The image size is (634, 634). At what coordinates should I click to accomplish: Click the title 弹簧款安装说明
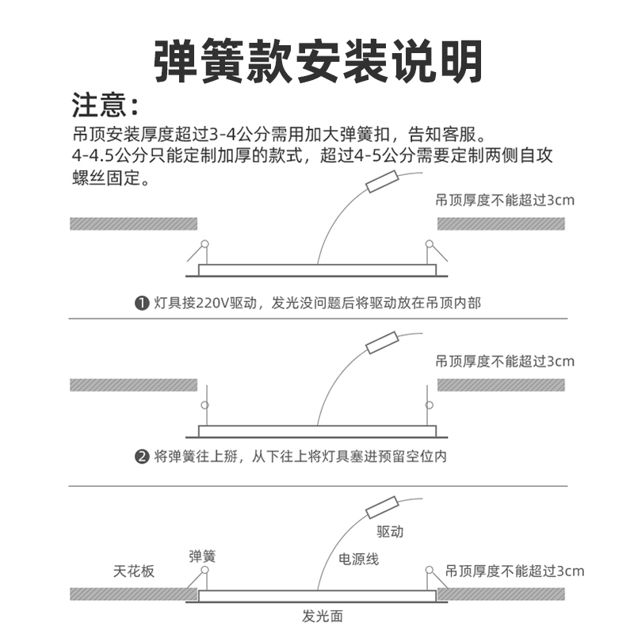pyautogui.click(x=317, y=59)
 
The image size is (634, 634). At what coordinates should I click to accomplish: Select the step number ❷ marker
pyautogui.click(x=142, y=457)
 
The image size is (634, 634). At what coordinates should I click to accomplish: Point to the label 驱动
pyautogui.click(x=390, y=531)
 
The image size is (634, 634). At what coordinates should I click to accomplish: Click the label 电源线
pyautogui.click(x=359, y=560)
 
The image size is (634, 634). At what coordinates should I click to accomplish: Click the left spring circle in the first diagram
pyautogui.click(x=204, y=244)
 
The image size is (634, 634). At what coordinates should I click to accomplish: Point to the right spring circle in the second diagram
pyautogui.click(x=430, y=406)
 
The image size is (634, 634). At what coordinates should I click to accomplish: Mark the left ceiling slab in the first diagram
pyautogui.click(x=133, y=223)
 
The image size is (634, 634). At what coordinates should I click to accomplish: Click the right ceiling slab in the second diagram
pyautogui.click(x=501, y=385)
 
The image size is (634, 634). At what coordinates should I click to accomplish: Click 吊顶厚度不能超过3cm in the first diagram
pyautogui.click(x=505, y=201)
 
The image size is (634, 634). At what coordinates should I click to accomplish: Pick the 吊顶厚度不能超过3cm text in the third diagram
pyautogui.click(x=514, y=571)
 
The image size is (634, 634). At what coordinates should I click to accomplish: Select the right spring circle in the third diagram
pyautogui.click(x=430, y=570)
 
